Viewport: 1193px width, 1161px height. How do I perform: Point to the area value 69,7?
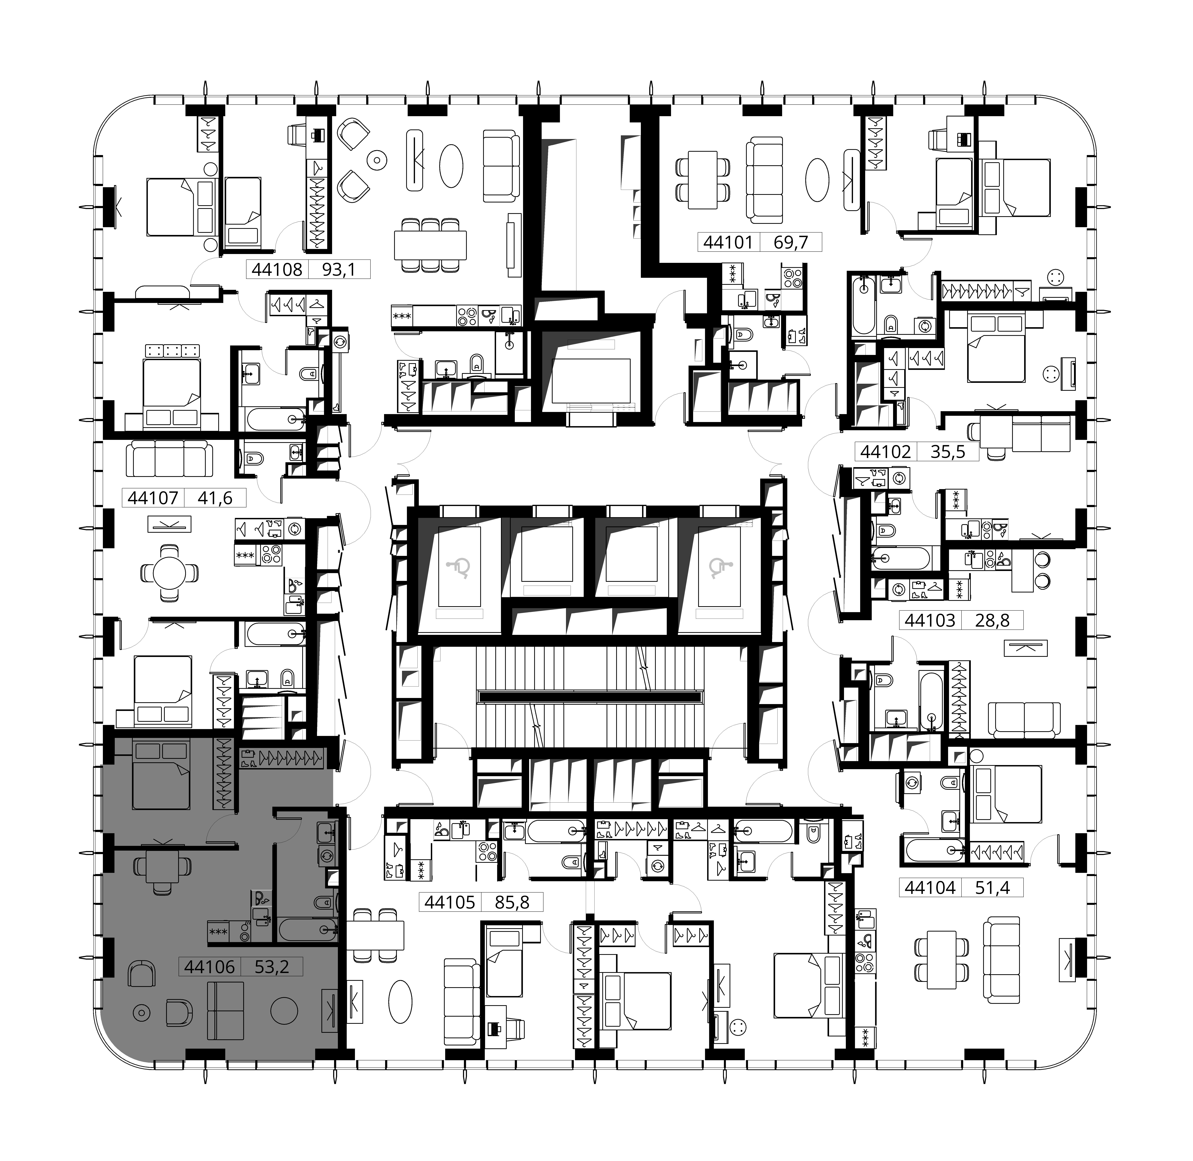click(x=791, y=243)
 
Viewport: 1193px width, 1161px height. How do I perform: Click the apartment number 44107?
click(x=153, y=498)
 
